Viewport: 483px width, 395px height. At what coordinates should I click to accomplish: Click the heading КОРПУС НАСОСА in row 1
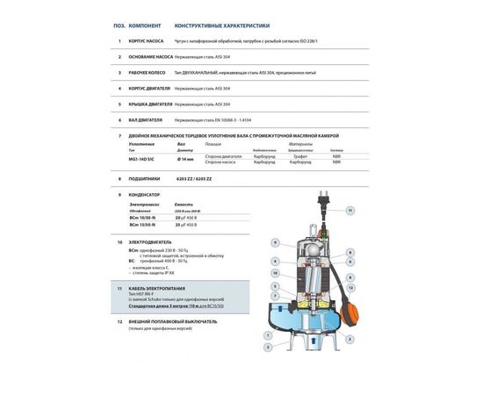151,41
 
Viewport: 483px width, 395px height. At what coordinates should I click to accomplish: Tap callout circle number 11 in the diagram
350,211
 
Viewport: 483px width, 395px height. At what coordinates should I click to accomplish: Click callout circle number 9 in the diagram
275,242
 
